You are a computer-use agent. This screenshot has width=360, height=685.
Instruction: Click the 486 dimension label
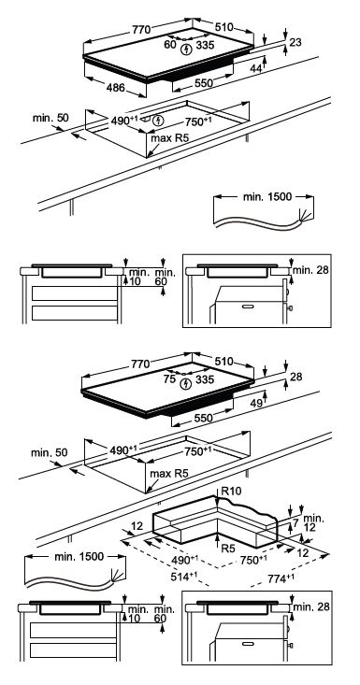point(115,87)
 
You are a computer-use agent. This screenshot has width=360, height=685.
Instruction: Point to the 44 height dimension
point(256,68)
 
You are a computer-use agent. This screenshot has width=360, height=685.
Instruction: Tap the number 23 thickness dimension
point(295,42)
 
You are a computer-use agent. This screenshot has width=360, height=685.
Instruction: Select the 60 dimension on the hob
point(170,44)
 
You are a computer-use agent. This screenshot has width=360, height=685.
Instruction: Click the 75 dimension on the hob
point(169,379)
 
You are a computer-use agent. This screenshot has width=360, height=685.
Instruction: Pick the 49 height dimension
point(256,403)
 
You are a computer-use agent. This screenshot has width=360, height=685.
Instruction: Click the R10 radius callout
point(231,492)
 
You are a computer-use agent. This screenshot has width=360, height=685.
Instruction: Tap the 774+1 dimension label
point(279,578)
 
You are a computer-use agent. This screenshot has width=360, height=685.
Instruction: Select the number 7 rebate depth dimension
point(295,522)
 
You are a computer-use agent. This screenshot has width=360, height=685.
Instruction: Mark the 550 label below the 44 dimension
point(204,83)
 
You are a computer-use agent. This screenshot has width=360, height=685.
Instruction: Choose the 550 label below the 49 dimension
point(204,418)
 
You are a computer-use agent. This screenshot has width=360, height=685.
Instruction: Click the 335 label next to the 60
point(205,45)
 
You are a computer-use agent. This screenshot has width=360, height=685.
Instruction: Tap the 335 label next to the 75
point(205,379)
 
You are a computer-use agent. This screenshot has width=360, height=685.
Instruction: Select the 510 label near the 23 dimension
point(223,27)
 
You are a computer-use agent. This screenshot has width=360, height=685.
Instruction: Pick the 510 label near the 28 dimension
point(223,362)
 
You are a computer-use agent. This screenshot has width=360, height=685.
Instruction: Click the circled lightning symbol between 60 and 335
point(187,49)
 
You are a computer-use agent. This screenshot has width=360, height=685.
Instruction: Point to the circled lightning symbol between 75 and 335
point(187,384)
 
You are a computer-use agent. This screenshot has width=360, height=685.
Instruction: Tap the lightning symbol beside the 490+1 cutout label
point(159,120)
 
